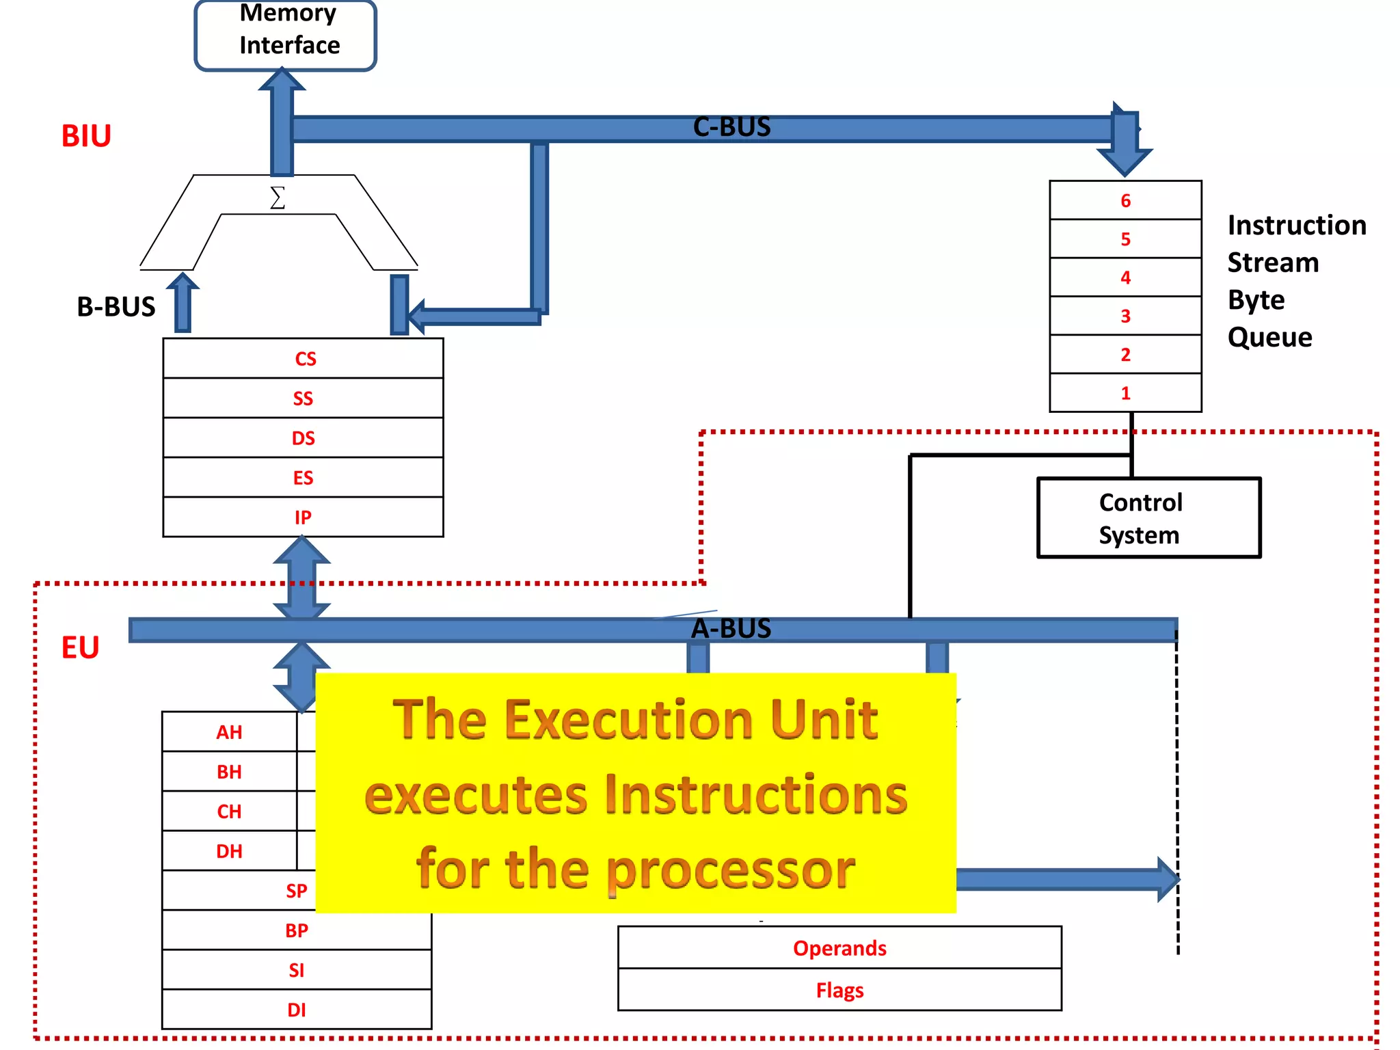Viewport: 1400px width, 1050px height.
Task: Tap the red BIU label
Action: tap(86, 136)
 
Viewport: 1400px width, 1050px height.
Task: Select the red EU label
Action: tap(80, 647)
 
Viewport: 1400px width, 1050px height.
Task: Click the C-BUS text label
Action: tap(731, 127)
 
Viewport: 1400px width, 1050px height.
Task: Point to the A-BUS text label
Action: tap(731, 628)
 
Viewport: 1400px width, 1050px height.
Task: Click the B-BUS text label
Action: tap(116, 307)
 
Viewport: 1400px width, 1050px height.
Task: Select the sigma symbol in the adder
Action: tap(278, 198)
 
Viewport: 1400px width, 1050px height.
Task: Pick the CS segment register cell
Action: tap(304, 359)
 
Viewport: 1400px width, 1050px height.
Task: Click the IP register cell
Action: tap(304, 517)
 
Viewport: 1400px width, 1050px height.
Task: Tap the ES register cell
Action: tap(304, 478)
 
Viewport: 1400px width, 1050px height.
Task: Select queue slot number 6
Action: tap(1125, 200)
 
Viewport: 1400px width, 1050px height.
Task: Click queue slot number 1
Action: tap(1125, 393)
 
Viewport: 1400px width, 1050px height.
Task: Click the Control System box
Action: tap(1148, 518)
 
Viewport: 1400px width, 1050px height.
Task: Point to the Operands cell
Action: tap(839, 948)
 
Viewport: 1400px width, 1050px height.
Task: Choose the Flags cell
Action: tap(839, 990)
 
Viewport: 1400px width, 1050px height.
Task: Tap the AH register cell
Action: tap(230, 732)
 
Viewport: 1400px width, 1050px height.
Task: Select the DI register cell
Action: tap(297, 1010)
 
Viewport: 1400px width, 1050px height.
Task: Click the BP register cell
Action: tap(297, 930)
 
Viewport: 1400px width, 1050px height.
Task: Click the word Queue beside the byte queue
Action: tap(1269, 337)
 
